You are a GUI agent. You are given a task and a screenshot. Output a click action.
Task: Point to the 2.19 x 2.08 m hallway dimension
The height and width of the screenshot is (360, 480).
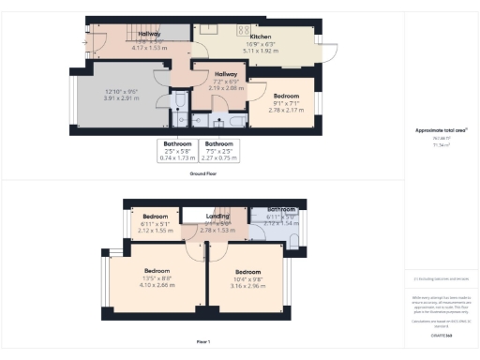225,87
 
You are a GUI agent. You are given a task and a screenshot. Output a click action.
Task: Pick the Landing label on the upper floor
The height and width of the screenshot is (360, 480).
217,217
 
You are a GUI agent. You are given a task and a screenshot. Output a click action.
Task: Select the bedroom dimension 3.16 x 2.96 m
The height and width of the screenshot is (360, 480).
248,284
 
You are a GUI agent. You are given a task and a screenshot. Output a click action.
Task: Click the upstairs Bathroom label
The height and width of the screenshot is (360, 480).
281,210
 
